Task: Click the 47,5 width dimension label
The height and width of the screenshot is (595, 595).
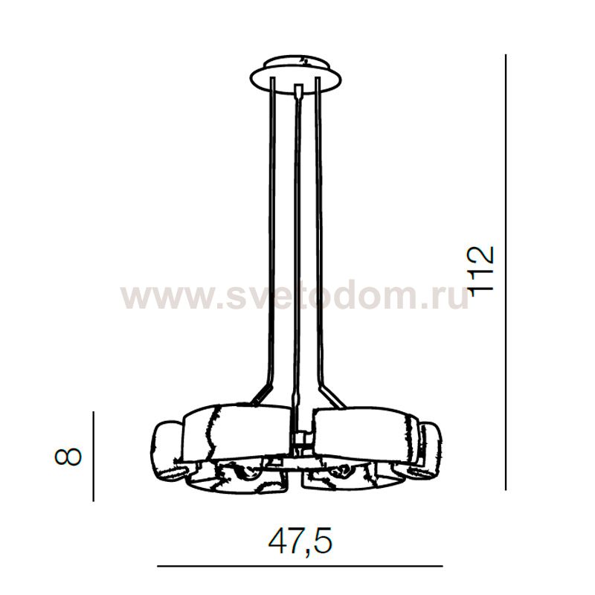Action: (300, 541)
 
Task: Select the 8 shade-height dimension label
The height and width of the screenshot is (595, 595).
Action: (68, 457)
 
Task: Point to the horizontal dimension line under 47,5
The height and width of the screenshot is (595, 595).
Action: (300, 566)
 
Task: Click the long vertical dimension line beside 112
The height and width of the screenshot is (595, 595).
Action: (506, 272)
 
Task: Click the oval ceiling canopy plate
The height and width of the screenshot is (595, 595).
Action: (295, 75)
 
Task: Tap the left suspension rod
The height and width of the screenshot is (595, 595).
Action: (271, 228)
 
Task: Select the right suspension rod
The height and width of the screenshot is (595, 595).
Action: (320, 228)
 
